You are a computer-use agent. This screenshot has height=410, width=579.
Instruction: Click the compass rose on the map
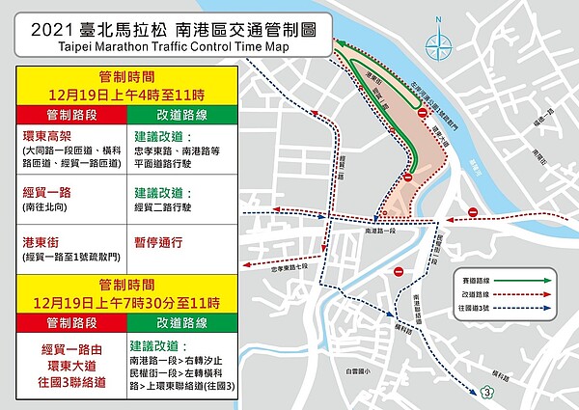tap(440, 44)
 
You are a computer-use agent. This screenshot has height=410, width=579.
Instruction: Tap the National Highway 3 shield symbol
tap(488, 391)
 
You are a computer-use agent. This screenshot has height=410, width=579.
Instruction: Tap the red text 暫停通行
tap(160, 241)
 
